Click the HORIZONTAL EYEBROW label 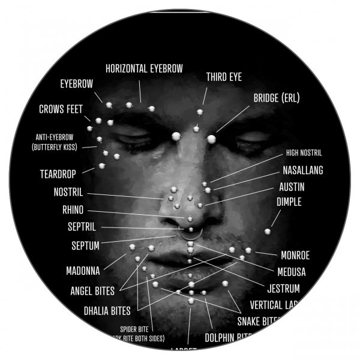tap(144, 68)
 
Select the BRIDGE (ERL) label tap(276, 98)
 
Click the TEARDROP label tap(59, 175)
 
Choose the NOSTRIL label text tap(68, 193)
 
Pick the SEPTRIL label tap(82, 227)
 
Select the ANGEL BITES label tap(92, 292)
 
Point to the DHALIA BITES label tap(107, 311)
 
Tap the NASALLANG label tap(302, 170)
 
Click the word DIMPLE tap(289, 202)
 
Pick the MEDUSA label tap(291, 272)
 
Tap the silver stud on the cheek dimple tap(267, 231)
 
